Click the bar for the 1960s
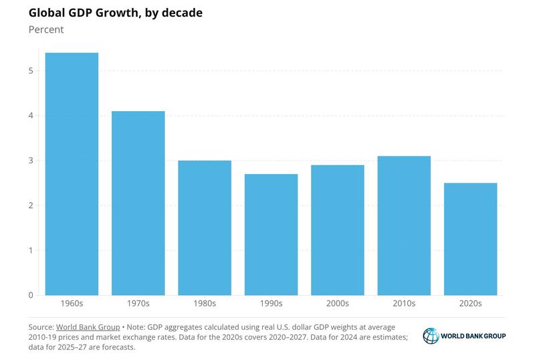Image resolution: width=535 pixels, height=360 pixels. [72, 174]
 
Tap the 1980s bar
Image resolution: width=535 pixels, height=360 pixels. [205, 228]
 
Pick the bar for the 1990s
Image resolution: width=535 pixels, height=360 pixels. [271, 234]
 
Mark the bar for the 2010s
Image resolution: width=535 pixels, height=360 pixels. [404, 226]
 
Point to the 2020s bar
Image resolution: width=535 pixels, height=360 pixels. [470, 239]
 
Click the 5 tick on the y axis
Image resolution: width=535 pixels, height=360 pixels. [31, 71]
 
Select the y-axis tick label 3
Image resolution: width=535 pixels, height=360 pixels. [31, 161]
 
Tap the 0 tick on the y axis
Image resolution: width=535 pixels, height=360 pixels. [31, 295]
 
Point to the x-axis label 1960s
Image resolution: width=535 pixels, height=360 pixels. [72, 304]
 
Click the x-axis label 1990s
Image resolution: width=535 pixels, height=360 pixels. [271, 304]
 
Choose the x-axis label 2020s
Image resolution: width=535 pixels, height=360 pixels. [470, 304]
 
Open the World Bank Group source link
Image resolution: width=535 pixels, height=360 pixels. [88, 327]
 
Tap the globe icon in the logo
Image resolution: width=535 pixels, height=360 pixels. [431, 336]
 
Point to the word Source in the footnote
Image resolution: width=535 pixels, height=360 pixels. [40, 327]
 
